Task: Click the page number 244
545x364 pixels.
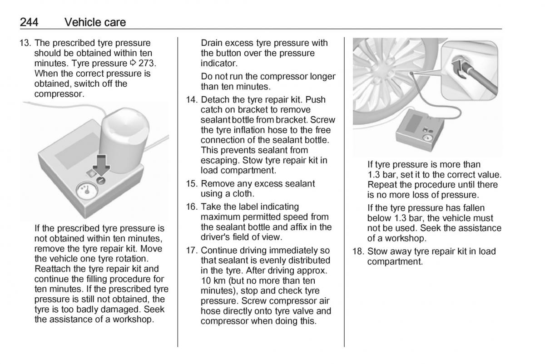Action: (x=29, y=22)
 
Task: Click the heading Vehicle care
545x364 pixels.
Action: (x=95, y=22)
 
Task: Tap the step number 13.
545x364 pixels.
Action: (x=25, y=43)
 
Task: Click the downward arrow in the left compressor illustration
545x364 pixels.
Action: (x=101, y=164)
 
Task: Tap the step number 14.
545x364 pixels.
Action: (x=192, y=100)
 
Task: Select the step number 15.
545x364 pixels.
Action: (x=192, y=183)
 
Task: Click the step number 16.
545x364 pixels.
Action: (x=192, y=207)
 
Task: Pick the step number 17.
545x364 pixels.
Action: (x=192, y=251)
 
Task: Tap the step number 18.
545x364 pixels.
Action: (x=358, y=251)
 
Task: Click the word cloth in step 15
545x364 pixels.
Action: (x=243, y=193)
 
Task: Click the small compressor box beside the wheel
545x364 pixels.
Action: (x=420, y=130)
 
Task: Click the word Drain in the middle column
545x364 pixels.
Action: (x=212, y=43)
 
